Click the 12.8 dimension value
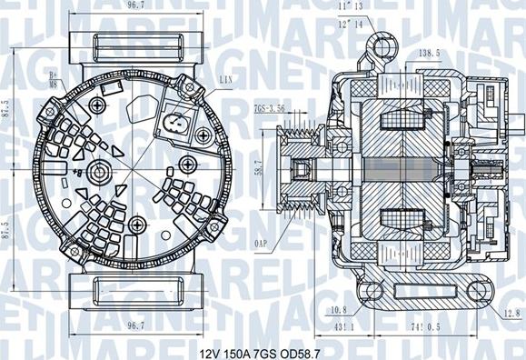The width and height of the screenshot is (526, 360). click(509, 314)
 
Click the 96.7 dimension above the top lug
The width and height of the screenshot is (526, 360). click(136, 6)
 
